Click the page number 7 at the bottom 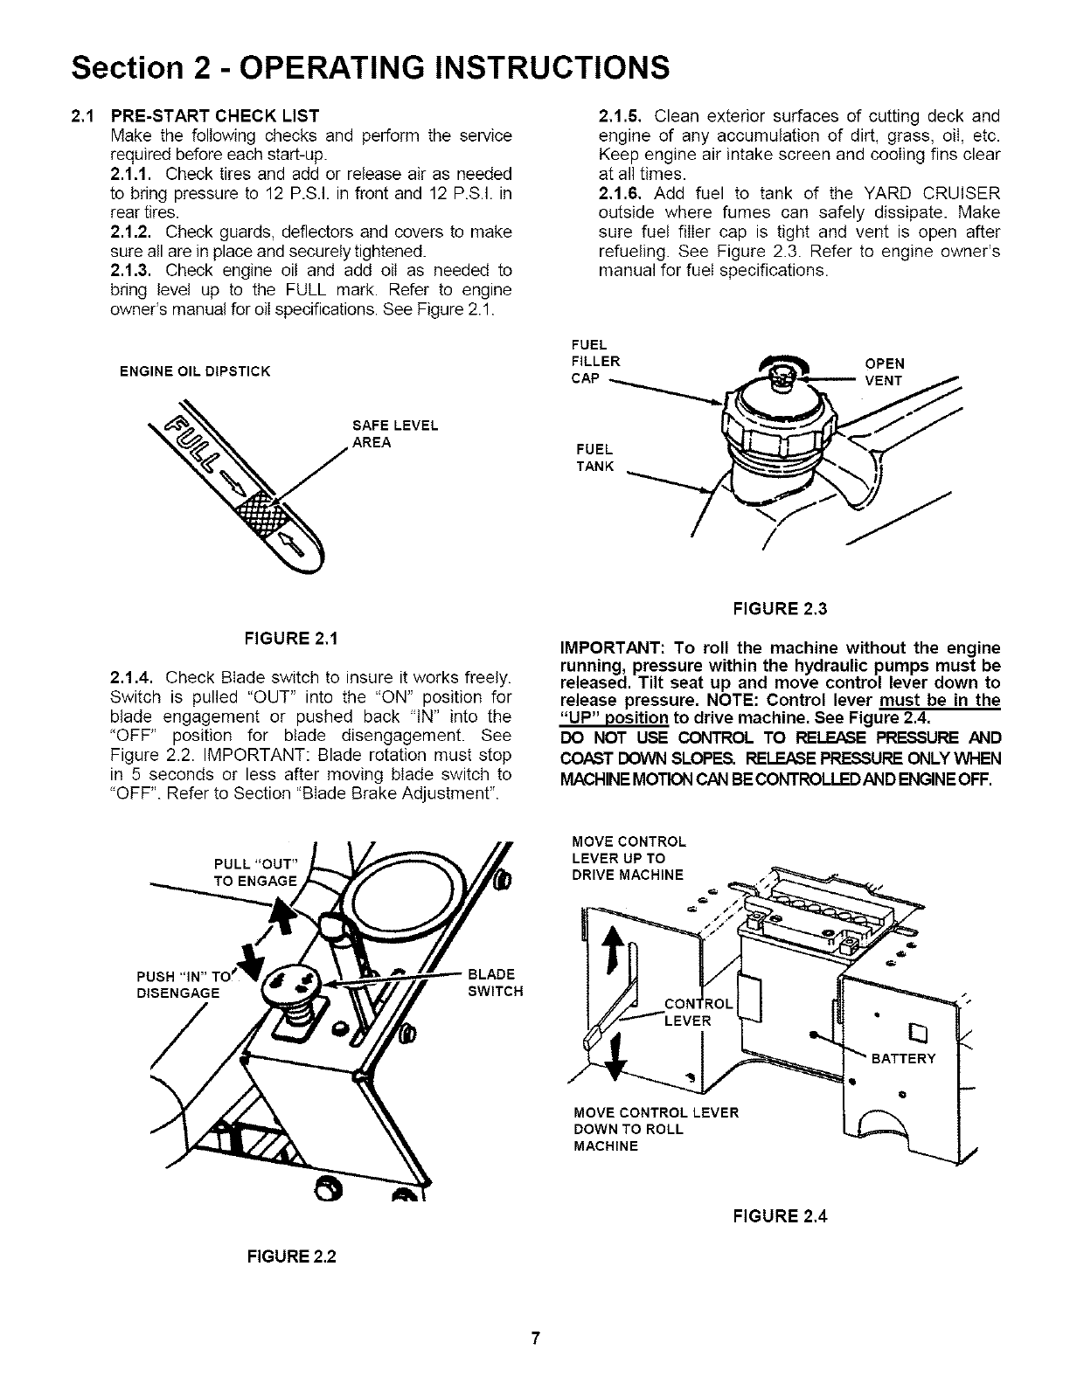point(535,1338)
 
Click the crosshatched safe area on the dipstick point(260,509)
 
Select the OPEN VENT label point(884,372)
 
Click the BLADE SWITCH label point(496,983)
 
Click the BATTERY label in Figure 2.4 point(904,1059)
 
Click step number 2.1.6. point(620,193)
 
